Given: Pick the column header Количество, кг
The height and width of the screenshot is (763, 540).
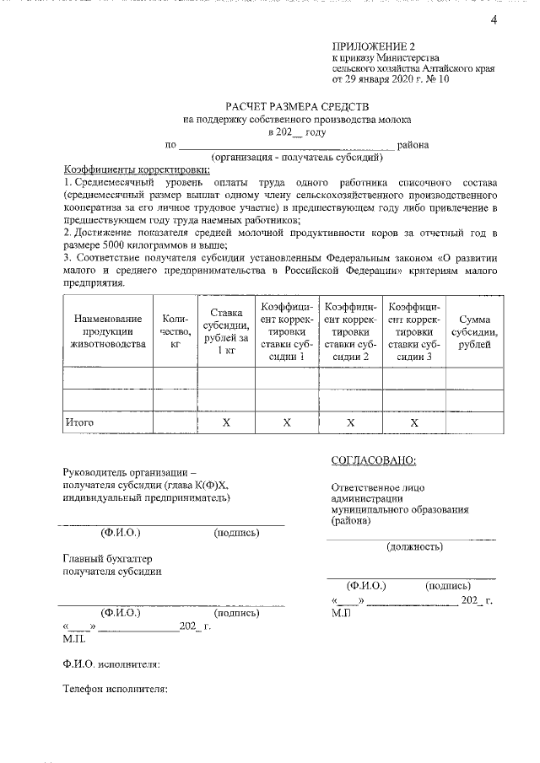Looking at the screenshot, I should click(x=175, y=331).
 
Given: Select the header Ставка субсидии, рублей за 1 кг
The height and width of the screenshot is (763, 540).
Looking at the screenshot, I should click(x=226, y=331).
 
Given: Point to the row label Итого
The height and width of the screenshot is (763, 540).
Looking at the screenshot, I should click(x=80, y=422).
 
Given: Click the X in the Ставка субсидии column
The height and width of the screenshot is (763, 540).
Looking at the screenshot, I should click(x=226, y=422).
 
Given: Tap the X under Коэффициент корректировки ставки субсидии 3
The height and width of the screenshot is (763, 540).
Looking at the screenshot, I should click(x=414, y=422).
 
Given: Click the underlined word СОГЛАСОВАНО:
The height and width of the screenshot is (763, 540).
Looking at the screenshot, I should click(x=373, y=460).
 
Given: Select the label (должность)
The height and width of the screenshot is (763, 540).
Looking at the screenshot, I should click(x=414, y=547).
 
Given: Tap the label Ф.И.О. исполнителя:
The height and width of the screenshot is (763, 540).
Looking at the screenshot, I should click(x=111, y=664).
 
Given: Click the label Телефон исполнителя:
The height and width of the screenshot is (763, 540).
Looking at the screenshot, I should click(x=116, y=689).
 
